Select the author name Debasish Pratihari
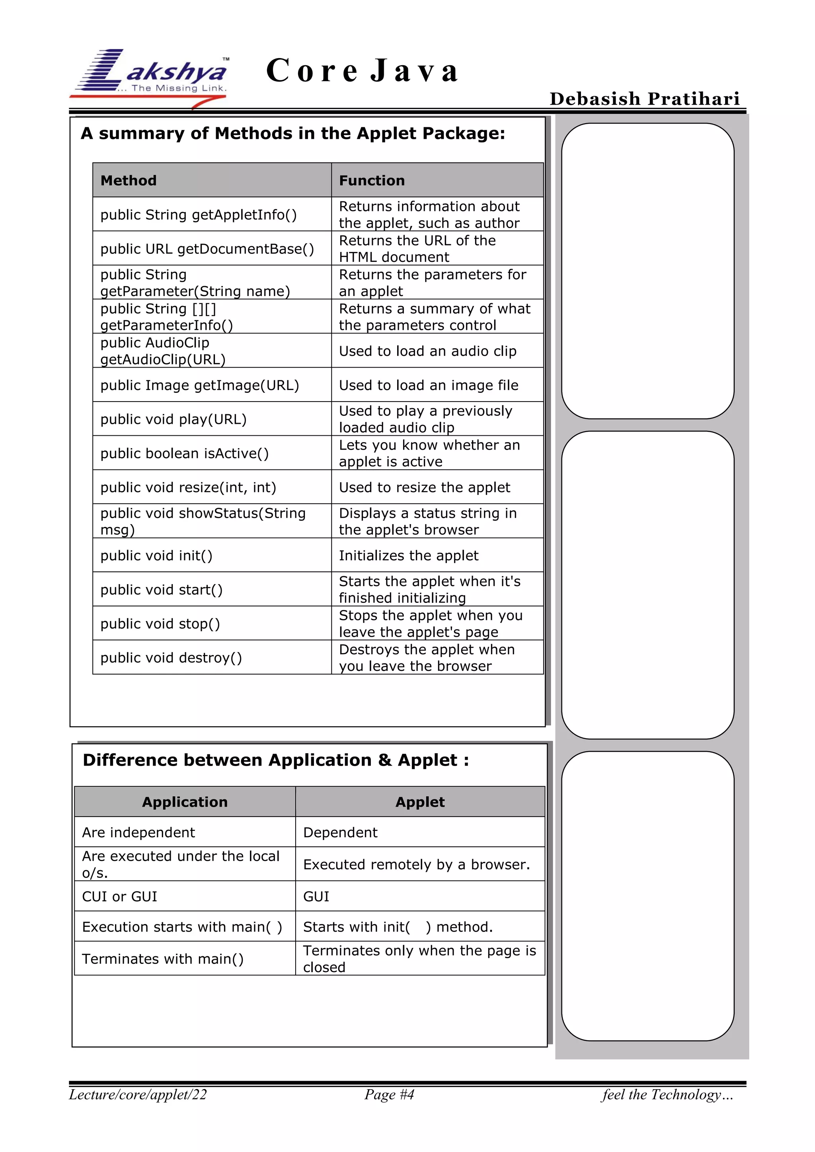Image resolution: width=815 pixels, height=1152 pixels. point(644,98)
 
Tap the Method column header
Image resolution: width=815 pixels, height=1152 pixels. point(129,180)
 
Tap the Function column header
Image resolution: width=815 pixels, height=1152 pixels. point(372,180)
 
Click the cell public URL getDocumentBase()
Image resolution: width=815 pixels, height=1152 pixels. point(207,249)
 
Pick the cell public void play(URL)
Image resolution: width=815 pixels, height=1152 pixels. point(174,419)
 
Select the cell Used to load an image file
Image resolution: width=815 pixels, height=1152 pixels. point(429,385)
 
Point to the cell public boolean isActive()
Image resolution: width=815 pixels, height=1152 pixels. point(185,453)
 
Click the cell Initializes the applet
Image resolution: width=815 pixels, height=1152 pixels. point(409,556)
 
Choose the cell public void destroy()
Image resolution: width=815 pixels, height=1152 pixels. point(171,657)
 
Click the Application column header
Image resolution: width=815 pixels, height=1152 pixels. point(185,802)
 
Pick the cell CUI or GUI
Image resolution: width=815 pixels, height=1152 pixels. point(120,896)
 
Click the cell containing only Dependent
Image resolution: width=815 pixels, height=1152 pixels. point(340,832)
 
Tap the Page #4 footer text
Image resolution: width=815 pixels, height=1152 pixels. point(389,1094)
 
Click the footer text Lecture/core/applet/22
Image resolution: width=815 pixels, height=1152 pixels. point(138,1094)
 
